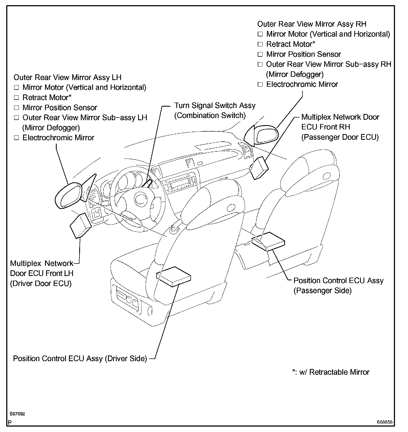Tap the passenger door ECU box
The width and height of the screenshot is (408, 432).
pyautogui.click(x=259, y=167)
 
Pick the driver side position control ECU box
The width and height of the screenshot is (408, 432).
pyautogui.click(x=174, y=276)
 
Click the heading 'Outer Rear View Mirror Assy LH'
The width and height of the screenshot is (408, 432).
pyautogui.click(x=67, y=77)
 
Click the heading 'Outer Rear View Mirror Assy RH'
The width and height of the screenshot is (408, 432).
pyautogui.click(x=312, y=24)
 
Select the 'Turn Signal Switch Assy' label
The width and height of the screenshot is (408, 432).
pyautogui.click(x=215, y=106)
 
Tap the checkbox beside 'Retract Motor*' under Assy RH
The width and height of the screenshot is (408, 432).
pyautogui.click(x=260, y=44)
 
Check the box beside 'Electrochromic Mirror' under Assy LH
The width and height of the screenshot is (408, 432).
pyautogui.click(x=17, y=138)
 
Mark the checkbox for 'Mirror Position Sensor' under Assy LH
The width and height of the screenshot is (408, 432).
pyautogui.click(x=17, y=108)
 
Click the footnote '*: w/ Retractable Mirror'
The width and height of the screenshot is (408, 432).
pyautogui.click(x=331, y=372)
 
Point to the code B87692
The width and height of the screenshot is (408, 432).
pyautogui.click(x=17, y=414)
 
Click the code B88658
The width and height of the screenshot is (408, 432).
pyautogui.click(x=384, y=422)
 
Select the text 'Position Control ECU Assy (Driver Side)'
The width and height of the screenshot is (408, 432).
pyautogui.click(x=80, y=359)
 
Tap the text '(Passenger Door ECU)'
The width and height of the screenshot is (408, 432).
pyautogui.click(x=340, y=137)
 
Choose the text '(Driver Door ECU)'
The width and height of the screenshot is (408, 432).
pyautogui.click(x=41, y=284)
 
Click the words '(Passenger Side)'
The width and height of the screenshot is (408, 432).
pyautogui.click(x=323, y=291)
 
